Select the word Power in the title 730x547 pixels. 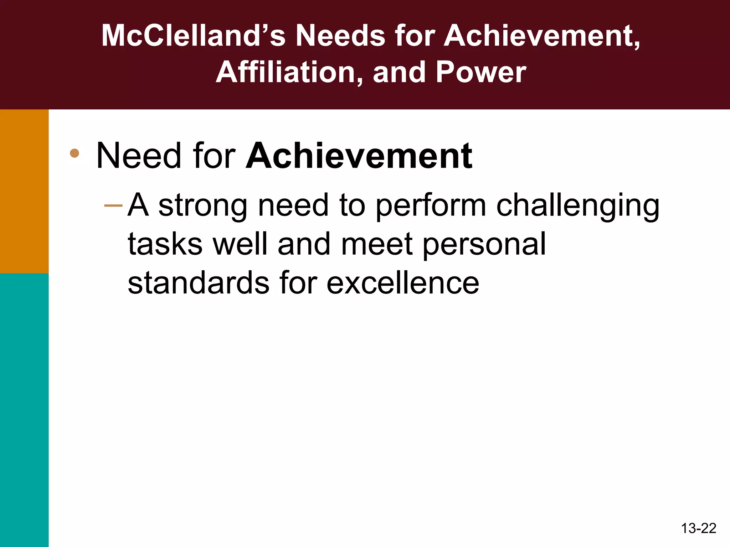(481, 72)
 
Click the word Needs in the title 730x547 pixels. (340, 36)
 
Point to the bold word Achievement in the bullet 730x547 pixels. (359, 156)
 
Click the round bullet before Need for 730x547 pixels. (74, 153)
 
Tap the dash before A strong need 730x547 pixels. (113, 205)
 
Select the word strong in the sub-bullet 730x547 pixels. (203, 206)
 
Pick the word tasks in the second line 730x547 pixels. (165, 244)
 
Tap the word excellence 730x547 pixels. (403, 283)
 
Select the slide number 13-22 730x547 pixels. (698, 528)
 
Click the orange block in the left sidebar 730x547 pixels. (24, 191)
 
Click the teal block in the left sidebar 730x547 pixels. (24, 410)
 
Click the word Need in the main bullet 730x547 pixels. (139, 156)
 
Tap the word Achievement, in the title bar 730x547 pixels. (542, 36)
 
